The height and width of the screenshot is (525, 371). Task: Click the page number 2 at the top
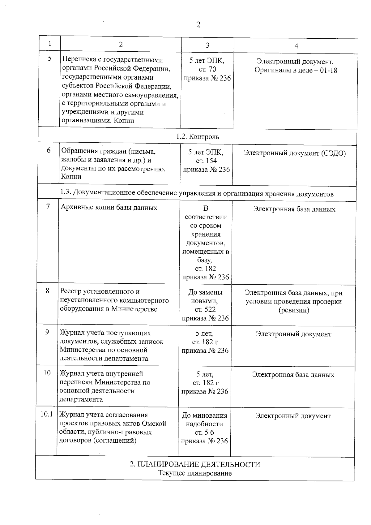coord(198,25)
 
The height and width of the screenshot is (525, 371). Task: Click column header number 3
coord(207,45)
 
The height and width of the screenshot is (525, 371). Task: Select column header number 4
coord(296,46)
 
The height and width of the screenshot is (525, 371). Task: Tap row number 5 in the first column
coord(50,58)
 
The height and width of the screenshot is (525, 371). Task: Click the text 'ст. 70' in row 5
coord(207,69)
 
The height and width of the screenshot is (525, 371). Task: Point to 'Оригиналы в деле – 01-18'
coord(296,70)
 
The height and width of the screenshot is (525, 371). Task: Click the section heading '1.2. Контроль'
coord(198,136)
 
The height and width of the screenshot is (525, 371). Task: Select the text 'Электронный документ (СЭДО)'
coord(295,153)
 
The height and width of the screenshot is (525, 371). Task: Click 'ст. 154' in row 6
coord(206,161)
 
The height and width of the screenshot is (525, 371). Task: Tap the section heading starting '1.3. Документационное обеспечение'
coord(197,194)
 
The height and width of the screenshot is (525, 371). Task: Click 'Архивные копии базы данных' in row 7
coord(109,208)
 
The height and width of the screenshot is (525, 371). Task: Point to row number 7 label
coord(48,206)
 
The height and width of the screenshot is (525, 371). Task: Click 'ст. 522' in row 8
coord(205,309)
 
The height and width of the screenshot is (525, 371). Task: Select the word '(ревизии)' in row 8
coord(294,310)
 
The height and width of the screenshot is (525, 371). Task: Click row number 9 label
coord(47,332)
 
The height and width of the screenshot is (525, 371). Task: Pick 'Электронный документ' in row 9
coord(293,334)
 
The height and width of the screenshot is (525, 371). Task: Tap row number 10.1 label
coord(47,414)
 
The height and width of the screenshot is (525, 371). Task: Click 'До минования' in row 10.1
coord(204,415)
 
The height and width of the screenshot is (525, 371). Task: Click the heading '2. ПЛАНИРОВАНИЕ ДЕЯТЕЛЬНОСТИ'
coord(195,464)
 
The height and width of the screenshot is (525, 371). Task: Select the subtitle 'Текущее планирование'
coord(195,473)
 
